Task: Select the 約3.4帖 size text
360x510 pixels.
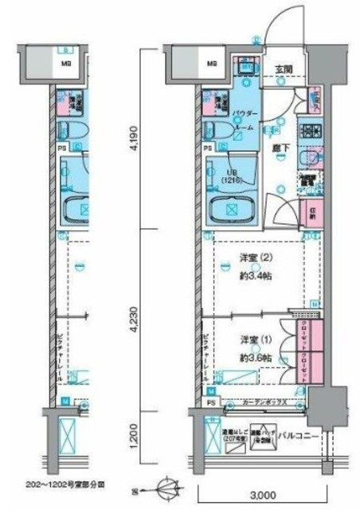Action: tap(254, 277)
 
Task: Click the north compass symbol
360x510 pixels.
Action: tap(164, 484)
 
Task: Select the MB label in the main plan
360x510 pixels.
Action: tap(213, 62)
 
